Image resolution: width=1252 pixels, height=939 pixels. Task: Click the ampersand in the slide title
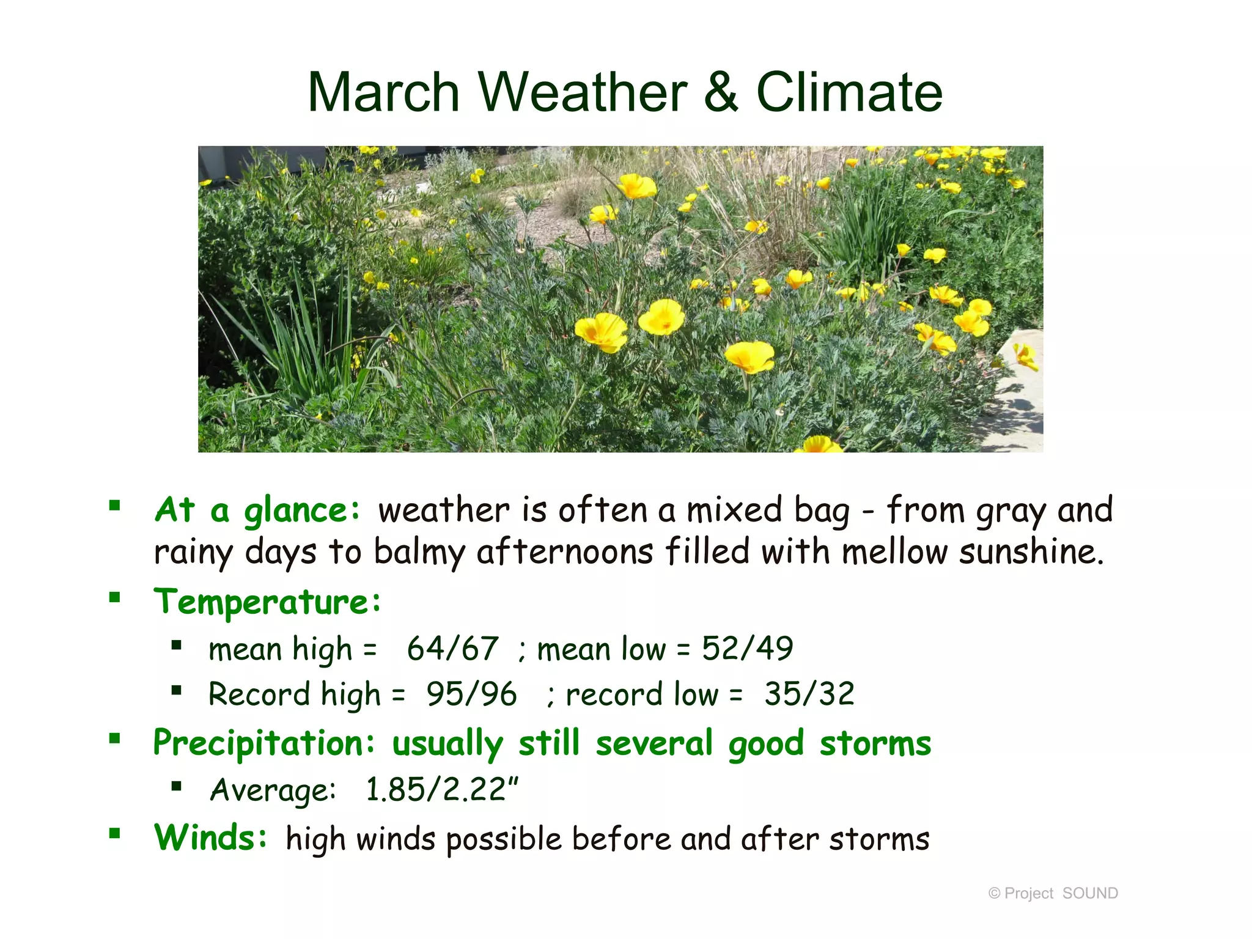tap(721, 93)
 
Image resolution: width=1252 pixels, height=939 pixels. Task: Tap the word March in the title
tap(383, 93)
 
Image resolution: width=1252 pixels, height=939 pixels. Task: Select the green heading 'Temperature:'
tap(267, 603)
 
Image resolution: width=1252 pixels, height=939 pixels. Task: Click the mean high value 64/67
tap(452, 649)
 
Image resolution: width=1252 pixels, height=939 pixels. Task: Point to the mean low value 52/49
tap(747, 649)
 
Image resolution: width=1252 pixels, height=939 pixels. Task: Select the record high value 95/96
tap(471, 694)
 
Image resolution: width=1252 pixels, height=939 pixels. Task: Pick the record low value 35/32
tap(809, 694)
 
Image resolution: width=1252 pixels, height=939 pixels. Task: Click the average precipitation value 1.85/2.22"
tap(441, 789)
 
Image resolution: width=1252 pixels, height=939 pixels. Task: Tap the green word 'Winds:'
tap(210, 838)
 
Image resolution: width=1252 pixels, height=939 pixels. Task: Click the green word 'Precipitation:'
tap(263, 744)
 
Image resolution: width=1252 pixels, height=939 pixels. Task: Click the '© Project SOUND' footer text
tap(1053, 893)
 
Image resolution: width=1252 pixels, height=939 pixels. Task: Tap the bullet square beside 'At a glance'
tap(114, 506)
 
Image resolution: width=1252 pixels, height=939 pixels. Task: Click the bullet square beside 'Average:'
tap(177, 786)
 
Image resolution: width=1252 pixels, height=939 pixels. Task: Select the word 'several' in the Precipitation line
tap(654, 744)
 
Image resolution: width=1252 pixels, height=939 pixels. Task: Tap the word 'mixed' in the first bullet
tap(734, 510)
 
